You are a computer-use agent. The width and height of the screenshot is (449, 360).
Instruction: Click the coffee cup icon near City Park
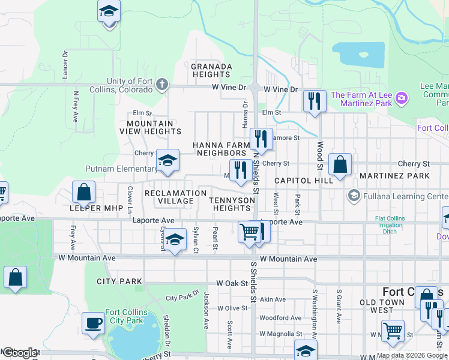pyautogui.click(x=93, y=323)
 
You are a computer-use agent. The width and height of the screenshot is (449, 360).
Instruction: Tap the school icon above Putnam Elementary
pyautogui.click(x=168, y=160)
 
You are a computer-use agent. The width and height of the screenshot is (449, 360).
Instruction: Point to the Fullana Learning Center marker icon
pyautogui.click(x=354, y=196)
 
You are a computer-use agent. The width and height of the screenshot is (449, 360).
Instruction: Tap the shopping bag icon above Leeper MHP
pyautogui.click(x=84, y=192)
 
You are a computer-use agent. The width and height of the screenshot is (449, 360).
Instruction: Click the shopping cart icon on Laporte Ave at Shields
pyautogui.click(x=249, y=231)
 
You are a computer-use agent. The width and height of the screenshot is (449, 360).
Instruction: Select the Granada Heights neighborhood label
pyautogui.click(x=211, y=70)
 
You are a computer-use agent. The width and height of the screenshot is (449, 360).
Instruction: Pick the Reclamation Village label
pyautogui.click(x=175, y=197)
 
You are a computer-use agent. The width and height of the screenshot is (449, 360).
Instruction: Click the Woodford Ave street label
pyautogui.click(x=280, y=318)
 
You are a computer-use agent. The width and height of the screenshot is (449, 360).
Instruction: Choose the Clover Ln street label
pyautogui.click(x=130, y=199)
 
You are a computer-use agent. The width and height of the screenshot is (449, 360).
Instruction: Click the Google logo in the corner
pyautogui.click(x=19, y=353)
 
